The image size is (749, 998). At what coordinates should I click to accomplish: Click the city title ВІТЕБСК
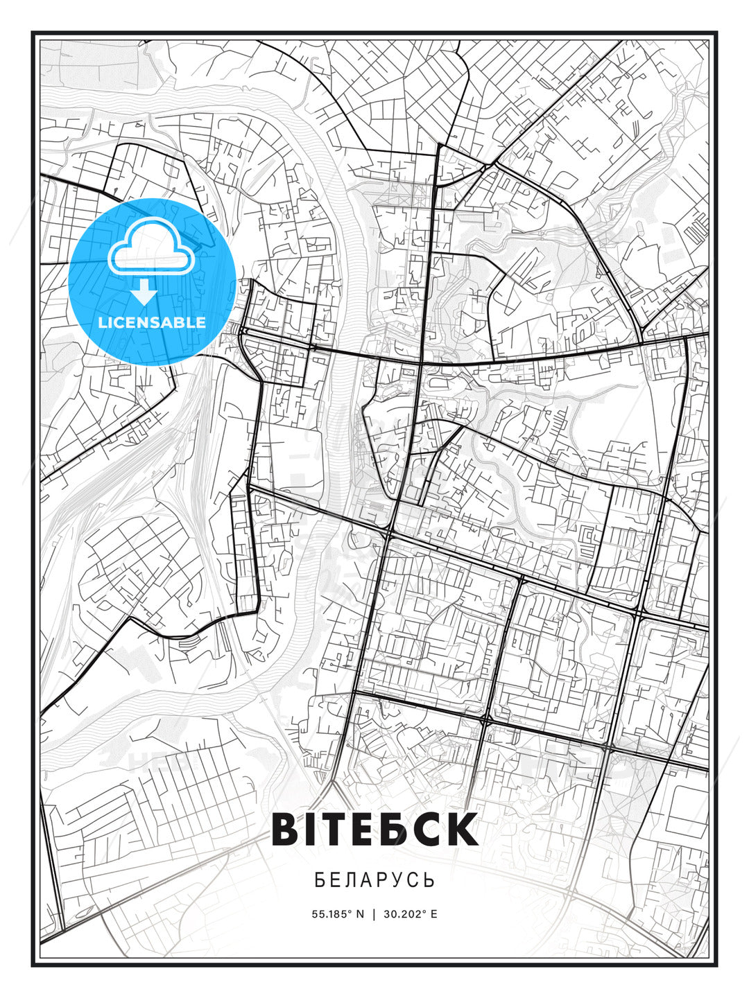374,829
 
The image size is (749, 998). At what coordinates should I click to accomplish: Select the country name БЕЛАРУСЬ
374,880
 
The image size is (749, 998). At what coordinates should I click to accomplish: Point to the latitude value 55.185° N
338,913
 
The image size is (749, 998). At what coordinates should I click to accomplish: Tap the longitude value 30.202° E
410,913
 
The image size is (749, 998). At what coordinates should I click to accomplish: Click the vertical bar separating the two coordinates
374,913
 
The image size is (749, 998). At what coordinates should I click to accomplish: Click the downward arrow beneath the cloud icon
144,292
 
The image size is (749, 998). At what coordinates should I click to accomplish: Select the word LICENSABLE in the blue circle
152,322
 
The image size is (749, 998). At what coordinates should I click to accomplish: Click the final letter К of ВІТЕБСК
461,829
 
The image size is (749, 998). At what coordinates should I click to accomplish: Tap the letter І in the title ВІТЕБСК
313,829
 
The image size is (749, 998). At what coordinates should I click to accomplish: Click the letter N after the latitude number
360,913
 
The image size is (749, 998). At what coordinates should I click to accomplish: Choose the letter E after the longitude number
434,913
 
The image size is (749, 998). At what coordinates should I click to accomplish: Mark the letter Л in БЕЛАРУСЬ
354,880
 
